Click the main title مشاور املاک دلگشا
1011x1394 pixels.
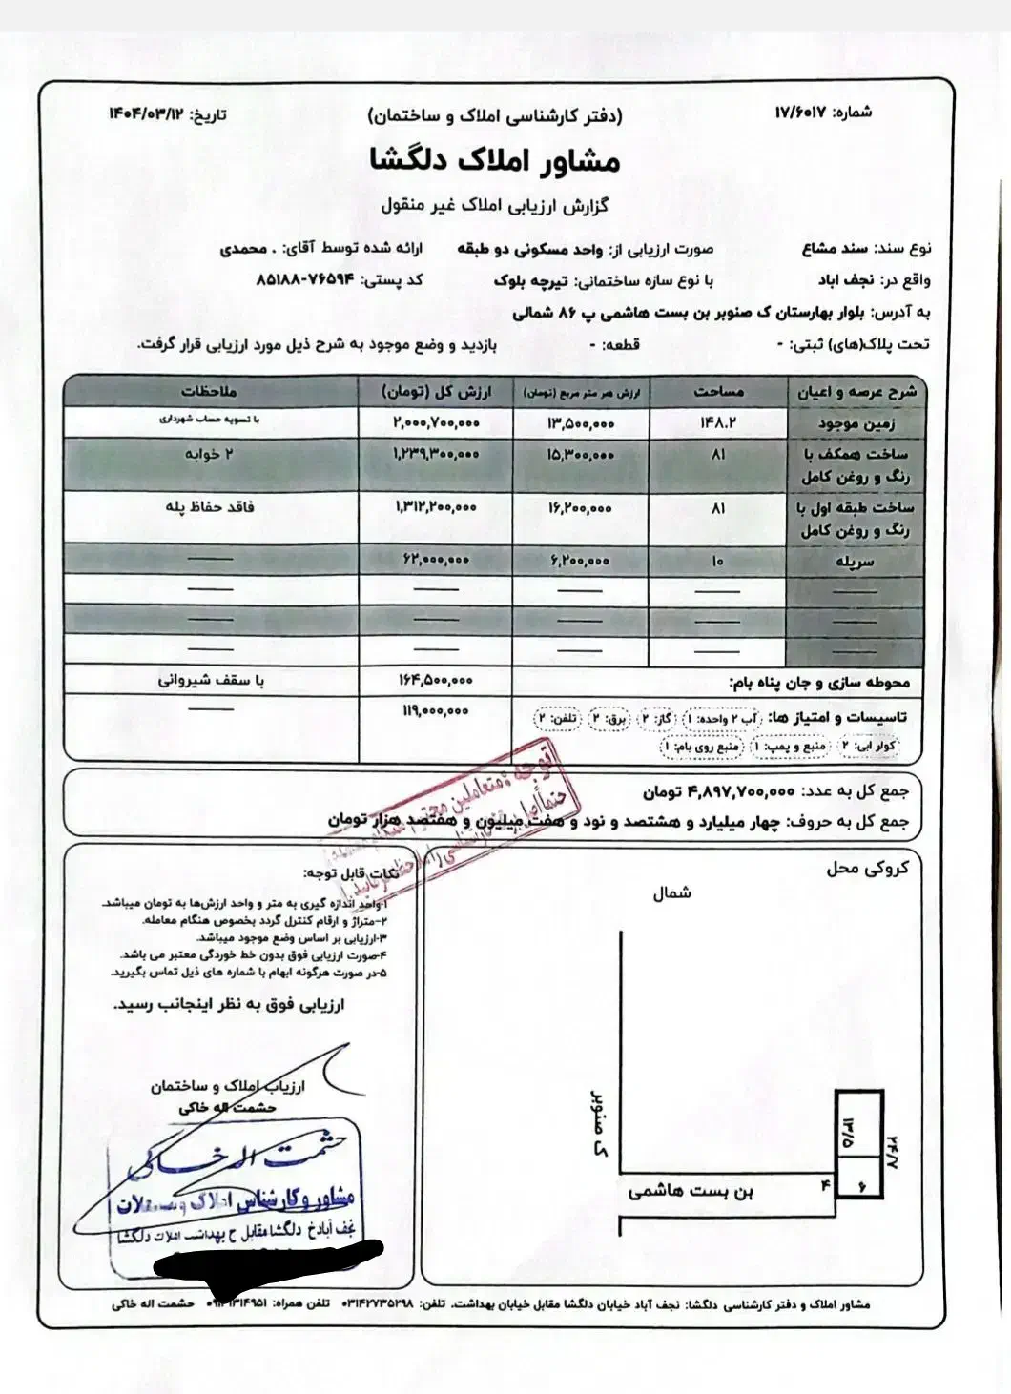click(x=495, y=160)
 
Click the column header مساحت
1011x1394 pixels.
click(x=718, y=391)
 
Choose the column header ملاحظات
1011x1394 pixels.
click(x=209, y=391)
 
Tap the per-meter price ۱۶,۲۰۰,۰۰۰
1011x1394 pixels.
click(x=580, y=508)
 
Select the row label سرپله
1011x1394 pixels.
click(x=855, y=562)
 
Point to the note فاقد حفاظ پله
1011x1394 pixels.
click(x=210, y=507)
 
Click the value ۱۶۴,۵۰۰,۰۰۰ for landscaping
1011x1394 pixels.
click(x=435, y=681)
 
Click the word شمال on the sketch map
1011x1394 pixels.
click(x=671, y=893)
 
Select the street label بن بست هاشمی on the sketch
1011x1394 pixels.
click(x=691, y=1191)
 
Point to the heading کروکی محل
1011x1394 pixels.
click(x=867, y=868)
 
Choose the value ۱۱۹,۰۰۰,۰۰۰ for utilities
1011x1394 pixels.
click(x=435, y=711)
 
